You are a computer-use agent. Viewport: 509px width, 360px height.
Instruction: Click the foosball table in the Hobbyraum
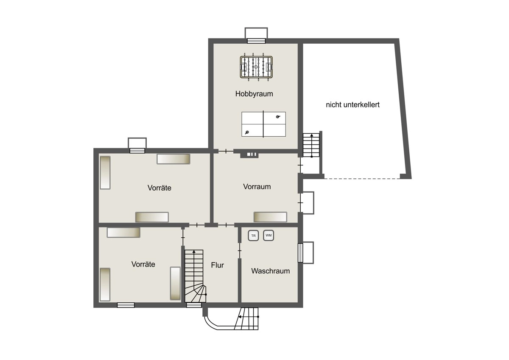[256, 67]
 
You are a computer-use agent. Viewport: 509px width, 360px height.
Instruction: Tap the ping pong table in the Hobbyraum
[263, 124]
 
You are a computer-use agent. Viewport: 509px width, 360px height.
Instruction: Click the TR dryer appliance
[253, 236]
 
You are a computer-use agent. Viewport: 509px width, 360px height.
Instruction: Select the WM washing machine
[268, 235]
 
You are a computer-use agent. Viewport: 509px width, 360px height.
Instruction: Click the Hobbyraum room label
[254, 94]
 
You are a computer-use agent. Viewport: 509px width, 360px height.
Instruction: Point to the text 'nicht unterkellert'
[352, 104]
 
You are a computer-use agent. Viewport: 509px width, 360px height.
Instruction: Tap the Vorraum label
[257, 186]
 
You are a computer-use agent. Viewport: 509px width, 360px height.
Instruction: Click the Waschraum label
[271, 271]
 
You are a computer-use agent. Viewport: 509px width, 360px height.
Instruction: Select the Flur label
[218, 265]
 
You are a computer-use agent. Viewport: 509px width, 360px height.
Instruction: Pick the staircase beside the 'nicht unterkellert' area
[311, 145]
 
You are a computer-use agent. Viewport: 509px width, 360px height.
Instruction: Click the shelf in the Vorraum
[270, 217]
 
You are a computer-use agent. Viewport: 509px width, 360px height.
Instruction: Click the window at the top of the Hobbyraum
[256, 41]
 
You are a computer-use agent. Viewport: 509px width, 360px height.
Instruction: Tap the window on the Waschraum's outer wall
[300, 253]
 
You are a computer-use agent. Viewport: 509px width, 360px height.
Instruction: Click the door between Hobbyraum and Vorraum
[226, 151]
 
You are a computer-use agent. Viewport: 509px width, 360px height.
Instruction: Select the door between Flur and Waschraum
[240, 250]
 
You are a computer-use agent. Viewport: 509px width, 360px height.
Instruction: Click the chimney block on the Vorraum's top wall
[249, 155]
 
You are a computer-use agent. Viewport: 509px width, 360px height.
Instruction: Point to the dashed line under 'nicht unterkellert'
[362, 179]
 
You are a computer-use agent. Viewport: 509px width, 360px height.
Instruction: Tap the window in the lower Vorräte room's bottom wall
[126, 305]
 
